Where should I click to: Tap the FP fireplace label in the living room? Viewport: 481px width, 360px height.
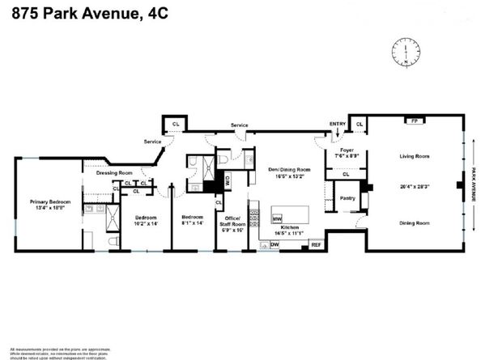[x=415, y=121]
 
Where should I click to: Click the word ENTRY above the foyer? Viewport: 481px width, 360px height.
[x=337, y=124]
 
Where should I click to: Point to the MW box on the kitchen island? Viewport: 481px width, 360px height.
[x=276, y=218]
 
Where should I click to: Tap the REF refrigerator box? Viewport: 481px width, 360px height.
[x=316, y=244]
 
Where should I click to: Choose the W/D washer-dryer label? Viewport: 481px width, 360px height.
[x=228, y=181]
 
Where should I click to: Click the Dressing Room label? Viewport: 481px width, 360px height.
[x=114, y=172]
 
